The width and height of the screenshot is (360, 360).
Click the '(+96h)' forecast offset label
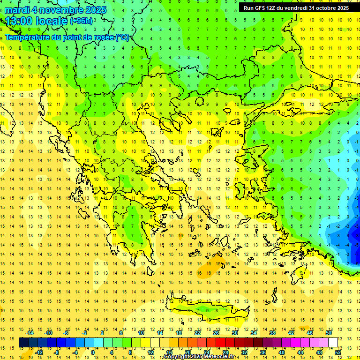point(81,21)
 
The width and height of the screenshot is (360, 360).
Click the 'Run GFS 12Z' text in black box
point(261,8)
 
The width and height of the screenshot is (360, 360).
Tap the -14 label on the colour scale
point(30,333)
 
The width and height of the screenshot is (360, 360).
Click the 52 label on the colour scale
point(338,352)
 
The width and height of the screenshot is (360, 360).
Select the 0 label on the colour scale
point(92,352)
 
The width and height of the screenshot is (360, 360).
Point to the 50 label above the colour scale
point(328,333)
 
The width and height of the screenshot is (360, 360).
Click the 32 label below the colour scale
point(244,352)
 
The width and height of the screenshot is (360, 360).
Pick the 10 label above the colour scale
point(141,333)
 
